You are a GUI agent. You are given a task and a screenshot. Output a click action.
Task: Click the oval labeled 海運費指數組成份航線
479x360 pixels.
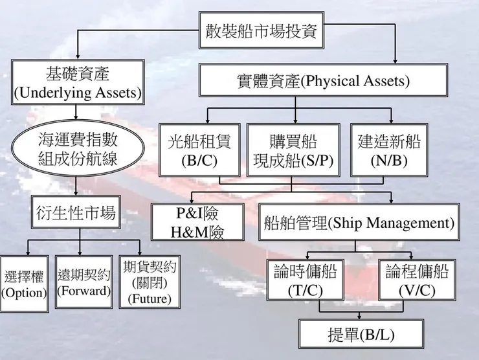78,148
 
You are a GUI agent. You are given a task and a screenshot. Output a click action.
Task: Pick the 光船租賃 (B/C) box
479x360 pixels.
199,150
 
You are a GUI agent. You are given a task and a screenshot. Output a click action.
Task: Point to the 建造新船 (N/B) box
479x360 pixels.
389,150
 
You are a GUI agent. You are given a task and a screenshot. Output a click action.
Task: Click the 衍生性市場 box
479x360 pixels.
76,212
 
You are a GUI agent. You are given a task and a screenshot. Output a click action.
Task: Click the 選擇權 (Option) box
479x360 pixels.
23,284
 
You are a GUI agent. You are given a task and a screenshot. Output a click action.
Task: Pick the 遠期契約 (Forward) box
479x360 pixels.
84,283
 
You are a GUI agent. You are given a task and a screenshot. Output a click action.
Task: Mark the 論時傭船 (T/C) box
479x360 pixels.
305,280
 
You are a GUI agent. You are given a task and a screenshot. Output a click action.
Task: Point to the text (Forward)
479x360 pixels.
84,291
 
